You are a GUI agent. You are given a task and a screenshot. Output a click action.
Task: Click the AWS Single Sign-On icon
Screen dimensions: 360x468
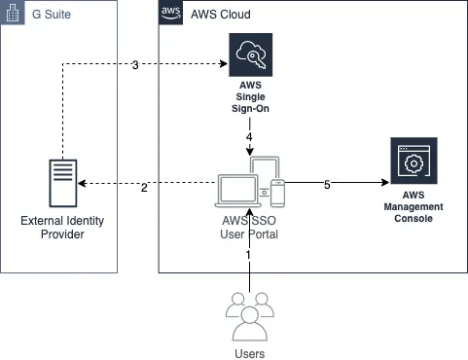click(250, 54)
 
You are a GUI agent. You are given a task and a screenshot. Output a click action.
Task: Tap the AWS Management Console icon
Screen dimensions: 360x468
click(414, 163)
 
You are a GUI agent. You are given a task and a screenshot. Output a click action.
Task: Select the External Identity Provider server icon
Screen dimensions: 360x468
click(62, 183)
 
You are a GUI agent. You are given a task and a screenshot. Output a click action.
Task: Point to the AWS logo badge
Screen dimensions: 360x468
click(171, 14)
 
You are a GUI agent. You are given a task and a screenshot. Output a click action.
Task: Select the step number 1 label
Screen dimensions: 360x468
click(248, 255)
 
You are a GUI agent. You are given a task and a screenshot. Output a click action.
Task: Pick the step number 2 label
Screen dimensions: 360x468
click(144, 187)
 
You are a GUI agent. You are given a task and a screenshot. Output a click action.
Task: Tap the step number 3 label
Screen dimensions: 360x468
click(135, 65)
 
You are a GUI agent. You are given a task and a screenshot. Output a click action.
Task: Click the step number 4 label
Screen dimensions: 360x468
click(249, 137)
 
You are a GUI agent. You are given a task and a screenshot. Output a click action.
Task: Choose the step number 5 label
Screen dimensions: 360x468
click(327, 185)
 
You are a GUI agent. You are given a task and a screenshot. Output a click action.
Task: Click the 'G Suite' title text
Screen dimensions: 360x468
click(51, 15)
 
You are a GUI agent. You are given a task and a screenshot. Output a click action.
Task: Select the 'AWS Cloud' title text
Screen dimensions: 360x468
click(222, 15)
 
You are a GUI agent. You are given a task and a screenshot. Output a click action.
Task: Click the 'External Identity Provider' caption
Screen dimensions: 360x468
click(62, 228)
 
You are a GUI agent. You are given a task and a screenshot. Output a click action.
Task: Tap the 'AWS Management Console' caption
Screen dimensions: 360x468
click(414, 206)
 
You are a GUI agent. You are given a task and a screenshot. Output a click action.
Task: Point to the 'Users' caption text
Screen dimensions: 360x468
click(250, 353)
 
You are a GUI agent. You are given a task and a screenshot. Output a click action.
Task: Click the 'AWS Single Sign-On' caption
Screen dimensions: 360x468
click(250, 97)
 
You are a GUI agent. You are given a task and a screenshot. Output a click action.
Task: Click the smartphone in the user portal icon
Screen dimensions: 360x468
click(278, 193)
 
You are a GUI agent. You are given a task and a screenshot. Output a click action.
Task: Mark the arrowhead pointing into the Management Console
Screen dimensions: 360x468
click(382, 182)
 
